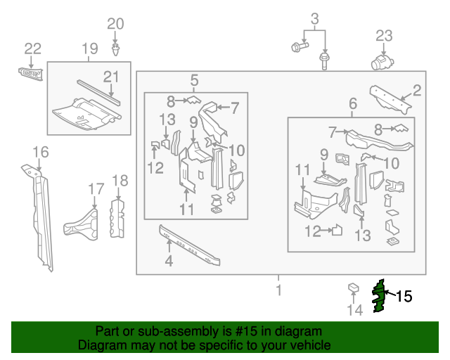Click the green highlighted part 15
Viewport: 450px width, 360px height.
pyautogui.click(x=380, y=297)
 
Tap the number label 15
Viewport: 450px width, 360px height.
pyautogui.click(x=404, y=297)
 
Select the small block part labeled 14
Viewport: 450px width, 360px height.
pyautogui.click(x=354, y=289)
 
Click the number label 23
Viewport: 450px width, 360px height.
pyautogui.click(x=383, y=36)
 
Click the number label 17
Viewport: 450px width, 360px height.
pyautogui.click(x=96, y=188)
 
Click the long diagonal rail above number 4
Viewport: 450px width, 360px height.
pyautogui.click(x=189, y=245)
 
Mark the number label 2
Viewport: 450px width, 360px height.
pyautogui.click(x=416, y=89)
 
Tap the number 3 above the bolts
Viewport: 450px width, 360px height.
pyautogui.click(x=315, y=18)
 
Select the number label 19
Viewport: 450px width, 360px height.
pyautogui.click(x=89, y=49)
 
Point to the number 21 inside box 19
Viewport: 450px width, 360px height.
pyautogui.click(x=112, y=77)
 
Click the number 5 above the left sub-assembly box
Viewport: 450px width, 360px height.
pyautogui.click(x=194, y=81)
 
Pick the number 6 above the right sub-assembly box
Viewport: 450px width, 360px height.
pyautogui.click(x=352, y=105)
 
